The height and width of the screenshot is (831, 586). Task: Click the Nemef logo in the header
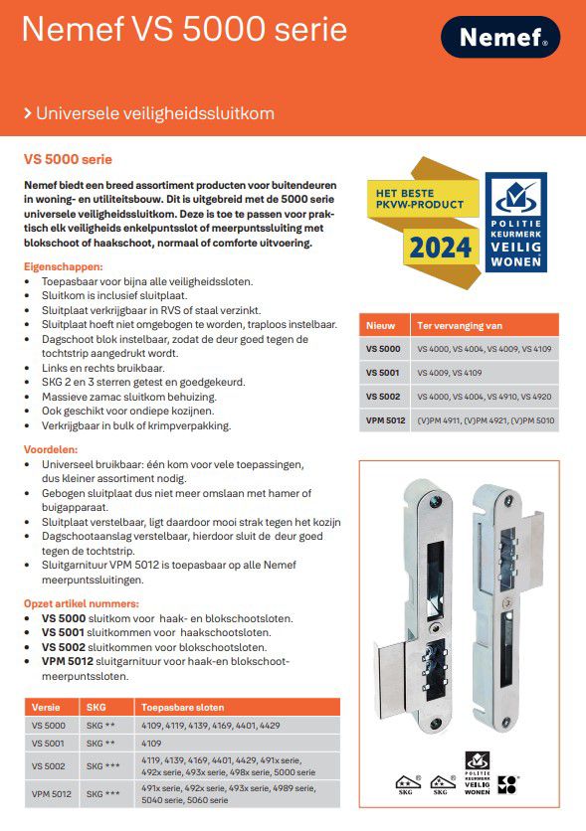tap(500, 37)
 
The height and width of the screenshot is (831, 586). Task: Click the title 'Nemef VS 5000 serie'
tap(184, 30)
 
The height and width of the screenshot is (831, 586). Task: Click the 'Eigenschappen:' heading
tap(63, 267)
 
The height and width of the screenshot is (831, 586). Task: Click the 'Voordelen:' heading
tap(52, 450)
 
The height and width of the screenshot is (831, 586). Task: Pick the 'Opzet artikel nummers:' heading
tap(82, 603)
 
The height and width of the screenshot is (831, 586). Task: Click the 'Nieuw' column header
tap(380, 325)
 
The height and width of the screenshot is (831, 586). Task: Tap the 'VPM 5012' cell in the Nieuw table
tap(383, 420)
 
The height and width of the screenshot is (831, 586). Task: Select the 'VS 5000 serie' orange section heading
tap(68, 159)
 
